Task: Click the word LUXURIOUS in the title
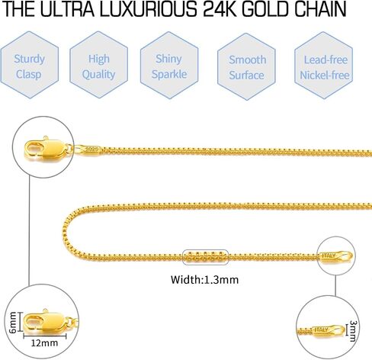148,9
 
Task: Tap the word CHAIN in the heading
320,9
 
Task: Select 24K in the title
220,9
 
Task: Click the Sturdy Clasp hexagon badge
30,65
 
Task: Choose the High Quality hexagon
98,65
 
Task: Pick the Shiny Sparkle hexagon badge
169,66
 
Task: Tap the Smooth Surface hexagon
246,66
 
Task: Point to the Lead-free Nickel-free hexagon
324,66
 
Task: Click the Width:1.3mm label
204,280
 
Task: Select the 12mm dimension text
44,343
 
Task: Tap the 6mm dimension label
12,322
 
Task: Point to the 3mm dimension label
353,331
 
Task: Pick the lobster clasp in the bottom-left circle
46,322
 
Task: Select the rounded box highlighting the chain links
206,257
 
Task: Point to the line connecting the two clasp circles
30,231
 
